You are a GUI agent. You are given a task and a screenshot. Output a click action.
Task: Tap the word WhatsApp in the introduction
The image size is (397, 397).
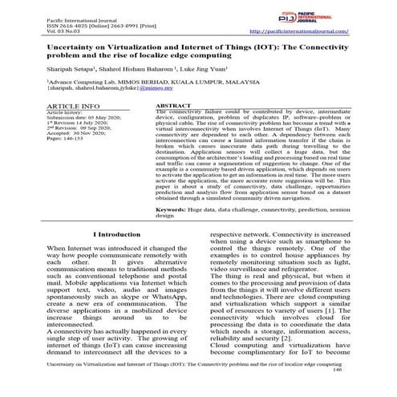(x=176, y=298)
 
